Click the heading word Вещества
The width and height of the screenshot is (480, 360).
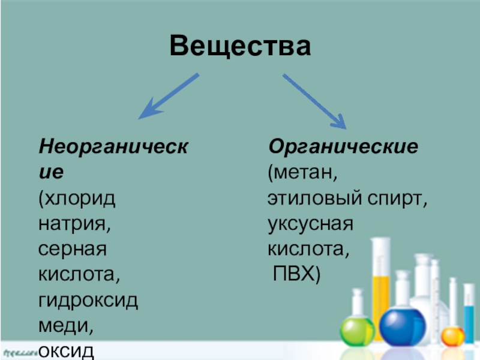[240, 46]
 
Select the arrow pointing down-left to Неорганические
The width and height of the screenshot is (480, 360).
[169, 95]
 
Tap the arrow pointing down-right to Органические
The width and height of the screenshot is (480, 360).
[314, 100]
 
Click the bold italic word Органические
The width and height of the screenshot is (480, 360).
[343, 147]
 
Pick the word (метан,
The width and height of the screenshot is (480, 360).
[303, 173]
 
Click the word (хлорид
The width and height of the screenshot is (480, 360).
[77, 199]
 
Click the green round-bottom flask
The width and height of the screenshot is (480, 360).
[357, 329]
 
